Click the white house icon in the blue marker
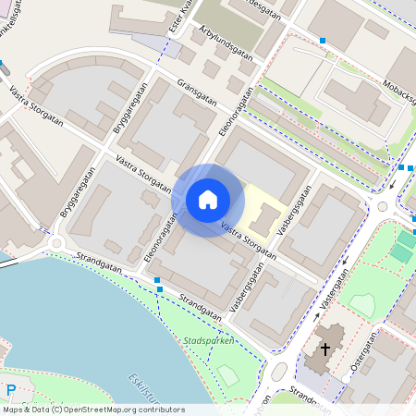(208, 200)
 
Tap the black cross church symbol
(324, 349)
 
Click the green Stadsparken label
(210, 340)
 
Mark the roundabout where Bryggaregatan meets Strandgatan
(57, 243)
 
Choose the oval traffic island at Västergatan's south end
(279, 372)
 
